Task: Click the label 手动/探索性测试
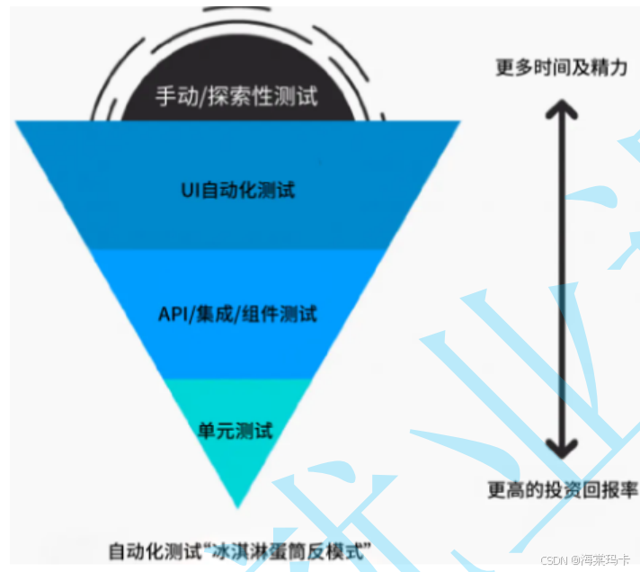[236, 96]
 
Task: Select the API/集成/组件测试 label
[236, 315]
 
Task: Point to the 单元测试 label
[236, 430]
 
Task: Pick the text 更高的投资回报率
[563, 490]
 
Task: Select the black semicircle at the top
[236, 85]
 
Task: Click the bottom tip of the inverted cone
[238, 505]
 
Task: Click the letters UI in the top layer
[187, 191]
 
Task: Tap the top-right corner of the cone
[458, 123]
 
